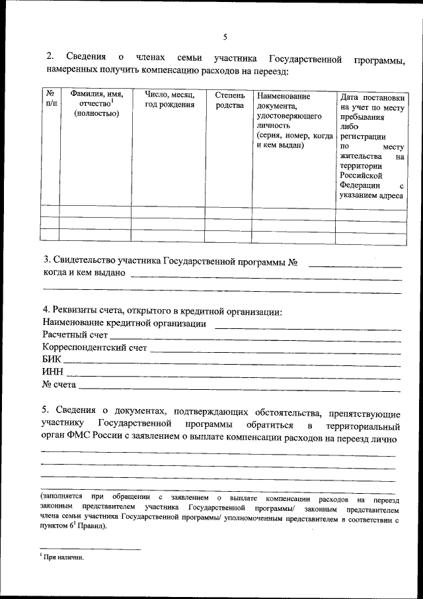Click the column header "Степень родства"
click(x=229, y=100)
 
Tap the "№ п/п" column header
click(x=50, y=100)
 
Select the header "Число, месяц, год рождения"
click(x=169, y=100)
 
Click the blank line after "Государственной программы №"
click(x=355, y=265)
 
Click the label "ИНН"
click(x=52, y=371)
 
